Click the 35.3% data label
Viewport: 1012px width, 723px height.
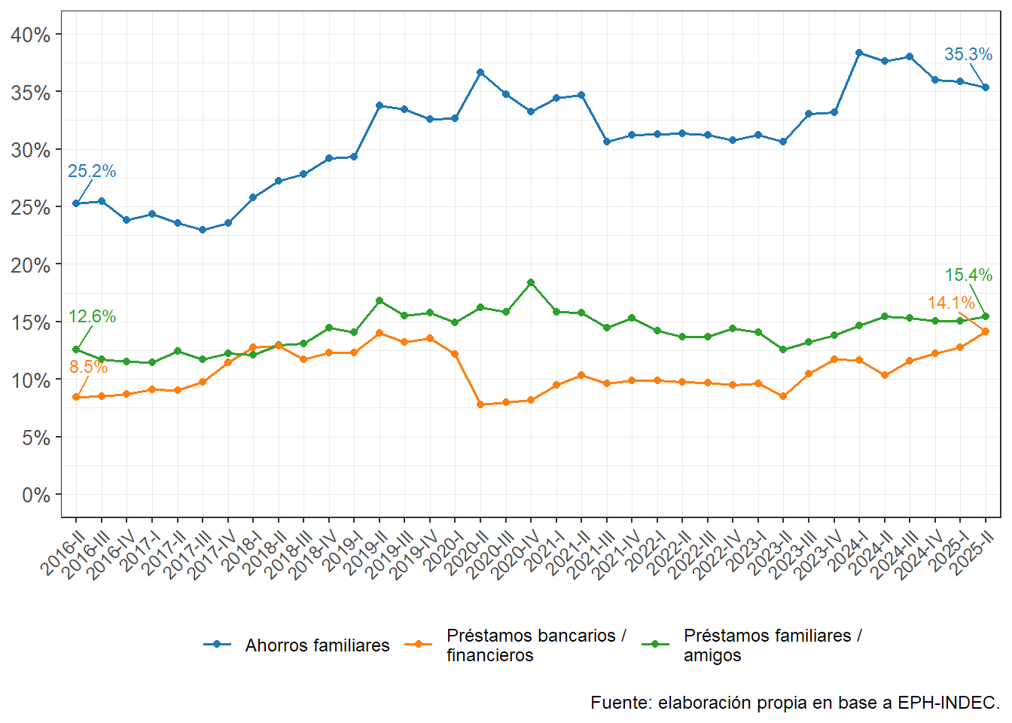[968, 54]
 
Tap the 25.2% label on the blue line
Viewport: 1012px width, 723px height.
[92, 171]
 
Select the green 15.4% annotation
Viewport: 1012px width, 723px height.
[968, 275]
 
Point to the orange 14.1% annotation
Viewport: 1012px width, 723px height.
[950, 303]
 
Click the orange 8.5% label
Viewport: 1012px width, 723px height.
[88, 367]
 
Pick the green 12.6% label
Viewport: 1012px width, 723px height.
[92, 316]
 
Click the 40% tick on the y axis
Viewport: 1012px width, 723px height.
[31, 35]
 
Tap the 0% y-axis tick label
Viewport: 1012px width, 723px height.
[36, 495]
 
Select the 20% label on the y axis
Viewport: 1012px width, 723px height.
[31, 265]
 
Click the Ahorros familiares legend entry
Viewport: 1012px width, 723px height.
[317, 645]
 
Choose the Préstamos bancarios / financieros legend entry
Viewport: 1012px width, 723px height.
[535, 645]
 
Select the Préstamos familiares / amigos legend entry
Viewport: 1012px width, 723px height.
[772, 645]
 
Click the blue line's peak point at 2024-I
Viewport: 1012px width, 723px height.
[859, 53]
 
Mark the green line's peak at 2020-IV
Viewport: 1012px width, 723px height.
[531, 282]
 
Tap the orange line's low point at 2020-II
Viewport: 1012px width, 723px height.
[480, 404]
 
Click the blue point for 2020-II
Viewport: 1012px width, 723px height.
[480, 72]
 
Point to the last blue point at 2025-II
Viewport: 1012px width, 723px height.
[986, 87]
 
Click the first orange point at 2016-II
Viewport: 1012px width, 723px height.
[76, 397]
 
